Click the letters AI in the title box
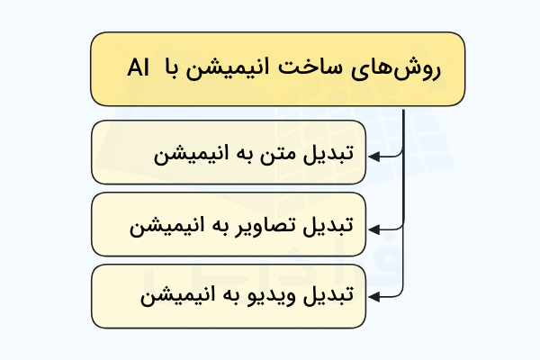point(138,67)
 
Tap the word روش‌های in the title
point(396,70)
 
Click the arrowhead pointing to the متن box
point(374,157)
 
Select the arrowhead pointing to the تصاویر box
point(374,229)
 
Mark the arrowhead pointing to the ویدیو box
point(374,297)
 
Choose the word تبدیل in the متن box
point(328,153)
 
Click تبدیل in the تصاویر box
point(328,226)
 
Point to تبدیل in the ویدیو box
point(328,295)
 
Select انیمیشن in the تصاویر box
point(167,228)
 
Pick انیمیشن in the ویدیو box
point(177,296)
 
